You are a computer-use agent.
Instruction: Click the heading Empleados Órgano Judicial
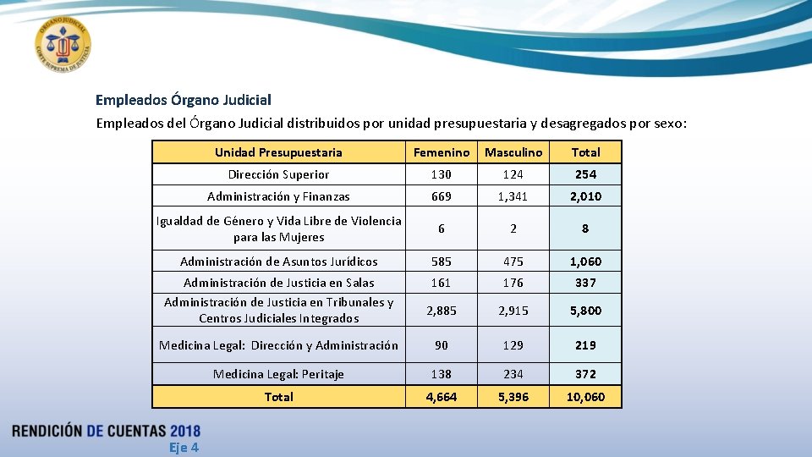(x=183, y=100)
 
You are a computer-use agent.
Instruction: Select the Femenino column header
(x=441, y=152)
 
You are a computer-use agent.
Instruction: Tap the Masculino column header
(x=513, y=152)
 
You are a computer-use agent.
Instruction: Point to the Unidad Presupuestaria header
(x=278, y=152)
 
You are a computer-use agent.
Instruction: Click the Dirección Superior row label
(x=278, y=174)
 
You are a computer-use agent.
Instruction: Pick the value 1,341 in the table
(x=513, y=196)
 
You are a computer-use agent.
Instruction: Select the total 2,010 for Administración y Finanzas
(x=585, y=196)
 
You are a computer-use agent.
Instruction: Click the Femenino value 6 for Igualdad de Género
(x=441, y=228)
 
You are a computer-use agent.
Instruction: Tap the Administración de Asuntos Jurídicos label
(x=278, y=262)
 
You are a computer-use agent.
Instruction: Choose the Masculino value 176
(x=513, y=283)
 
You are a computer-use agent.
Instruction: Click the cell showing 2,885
(x=441, y=311)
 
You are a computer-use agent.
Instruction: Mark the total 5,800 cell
(x=585, y=311)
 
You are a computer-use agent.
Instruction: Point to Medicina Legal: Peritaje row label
(x=278, y=374)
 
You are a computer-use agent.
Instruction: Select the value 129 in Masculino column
(x=513, y=345)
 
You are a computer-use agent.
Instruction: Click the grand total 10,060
(x=585, y=397)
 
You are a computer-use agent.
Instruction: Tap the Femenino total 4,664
(x=441, y=397)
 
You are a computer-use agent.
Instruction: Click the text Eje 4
(x=184, y=448)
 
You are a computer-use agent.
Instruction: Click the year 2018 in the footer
(x=184, y=431)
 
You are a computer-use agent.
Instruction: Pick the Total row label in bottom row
(x=278, y=397)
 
